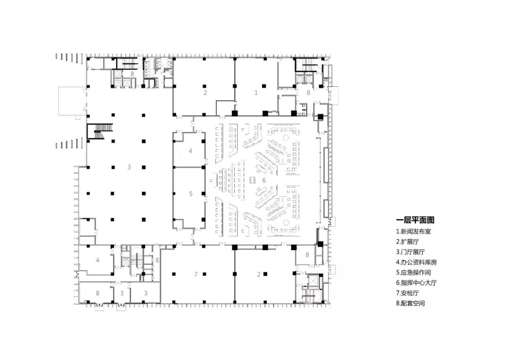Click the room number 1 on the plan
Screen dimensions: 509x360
click(256, 92)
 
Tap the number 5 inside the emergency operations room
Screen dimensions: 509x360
click(191, 194)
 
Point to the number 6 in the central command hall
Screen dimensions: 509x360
click(264, 180)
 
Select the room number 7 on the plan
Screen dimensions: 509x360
click(196, 274)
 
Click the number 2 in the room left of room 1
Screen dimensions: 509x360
click(205, 92)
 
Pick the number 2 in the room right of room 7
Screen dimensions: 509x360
click(259, 274)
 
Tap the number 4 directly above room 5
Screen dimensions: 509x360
click(190, 151)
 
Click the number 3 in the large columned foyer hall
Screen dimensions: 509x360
click(129, 167)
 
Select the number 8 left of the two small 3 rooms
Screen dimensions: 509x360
click(98, 293)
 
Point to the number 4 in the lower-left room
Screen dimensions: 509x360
click(98, 261)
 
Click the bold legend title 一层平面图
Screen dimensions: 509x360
click(415, 220)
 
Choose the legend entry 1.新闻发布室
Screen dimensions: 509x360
click(413, 231)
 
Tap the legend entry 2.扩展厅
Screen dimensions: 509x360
click(407, 242)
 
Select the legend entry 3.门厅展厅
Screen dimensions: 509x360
click(410, 252)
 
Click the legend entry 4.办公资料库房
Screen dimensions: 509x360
click(416, 262)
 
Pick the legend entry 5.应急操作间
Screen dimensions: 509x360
click(413, 273)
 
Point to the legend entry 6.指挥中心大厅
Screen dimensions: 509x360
click(416, 283)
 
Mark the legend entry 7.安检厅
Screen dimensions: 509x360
click(407, 293)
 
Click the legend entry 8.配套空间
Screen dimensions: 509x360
click(410, 303)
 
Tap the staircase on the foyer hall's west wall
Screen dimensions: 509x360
click(100, 131)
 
